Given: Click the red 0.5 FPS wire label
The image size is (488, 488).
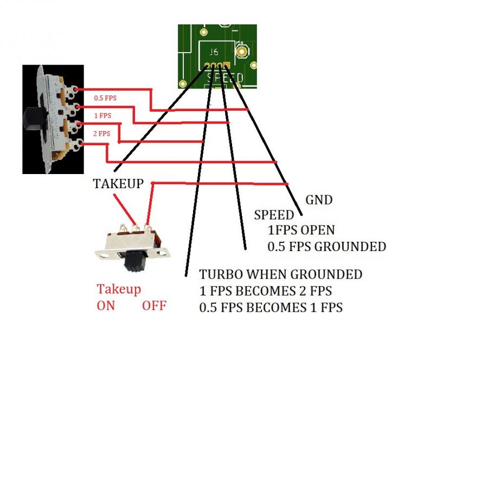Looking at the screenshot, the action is [105, 98].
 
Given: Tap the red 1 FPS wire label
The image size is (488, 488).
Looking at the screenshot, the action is [102, 116].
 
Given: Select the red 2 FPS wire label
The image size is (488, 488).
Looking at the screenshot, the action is [102, 134].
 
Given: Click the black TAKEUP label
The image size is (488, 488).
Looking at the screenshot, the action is [118, 184].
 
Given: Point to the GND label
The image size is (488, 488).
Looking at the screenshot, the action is [319, 200].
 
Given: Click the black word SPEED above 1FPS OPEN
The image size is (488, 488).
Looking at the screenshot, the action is [274, 215].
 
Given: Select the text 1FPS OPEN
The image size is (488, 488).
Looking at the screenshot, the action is [301, 230].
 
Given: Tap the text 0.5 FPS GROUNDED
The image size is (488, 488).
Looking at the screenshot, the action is [327, 247].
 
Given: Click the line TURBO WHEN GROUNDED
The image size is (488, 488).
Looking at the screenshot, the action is [281, 274].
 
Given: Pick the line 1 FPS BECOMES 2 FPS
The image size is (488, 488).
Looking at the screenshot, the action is [266, 291].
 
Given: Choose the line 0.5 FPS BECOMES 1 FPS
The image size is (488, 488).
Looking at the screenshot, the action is [271, 307].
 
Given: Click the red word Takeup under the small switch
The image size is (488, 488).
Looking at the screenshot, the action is [119, 290].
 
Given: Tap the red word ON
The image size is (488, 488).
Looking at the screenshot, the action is [106, 306].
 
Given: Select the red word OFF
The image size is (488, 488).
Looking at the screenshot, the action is [155, 306].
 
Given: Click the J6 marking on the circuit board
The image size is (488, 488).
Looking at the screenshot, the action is [214, 52].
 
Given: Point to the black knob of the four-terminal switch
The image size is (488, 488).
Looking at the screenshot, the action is [33, 119].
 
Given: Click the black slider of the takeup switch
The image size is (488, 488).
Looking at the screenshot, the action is [135, 261].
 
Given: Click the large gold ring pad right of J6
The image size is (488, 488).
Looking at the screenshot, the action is [242, 52].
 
